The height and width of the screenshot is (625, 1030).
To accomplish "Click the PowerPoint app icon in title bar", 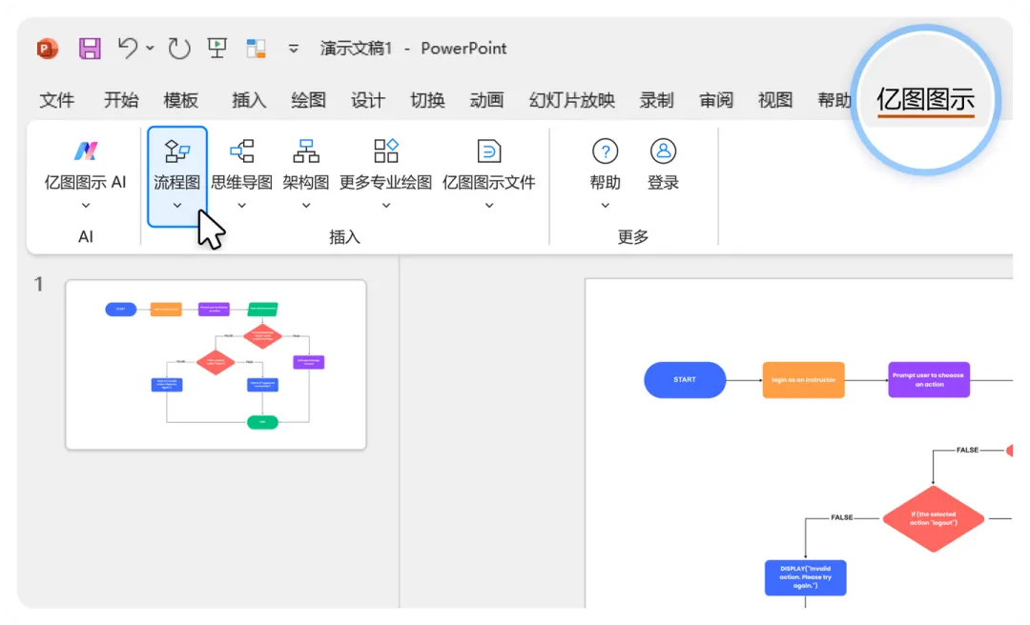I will [47, 49].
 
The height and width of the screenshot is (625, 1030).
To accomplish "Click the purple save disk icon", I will [90, 49].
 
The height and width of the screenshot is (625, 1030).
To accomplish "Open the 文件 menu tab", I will [57, 100].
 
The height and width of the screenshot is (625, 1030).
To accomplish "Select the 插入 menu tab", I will [249, 100].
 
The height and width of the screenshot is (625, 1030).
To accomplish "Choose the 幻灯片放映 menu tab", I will [572, 100].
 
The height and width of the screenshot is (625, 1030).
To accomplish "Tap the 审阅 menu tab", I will [716, 100].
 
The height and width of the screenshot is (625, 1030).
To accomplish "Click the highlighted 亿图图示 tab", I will [925, 99].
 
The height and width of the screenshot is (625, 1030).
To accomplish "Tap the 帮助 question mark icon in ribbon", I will [605, 151].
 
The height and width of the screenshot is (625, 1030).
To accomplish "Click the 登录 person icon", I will [663, 151].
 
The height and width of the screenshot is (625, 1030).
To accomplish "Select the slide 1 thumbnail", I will [216, 364].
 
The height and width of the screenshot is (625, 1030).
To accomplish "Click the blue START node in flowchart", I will [685, 379].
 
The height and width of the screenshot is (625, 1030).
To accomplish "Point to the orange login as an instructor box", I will [803, 379].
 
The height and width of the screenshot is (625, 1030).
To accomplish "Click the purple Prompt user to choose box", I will [928, 379].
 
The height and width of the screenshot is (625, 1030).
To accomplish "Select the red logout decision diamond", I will [933, 519].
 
